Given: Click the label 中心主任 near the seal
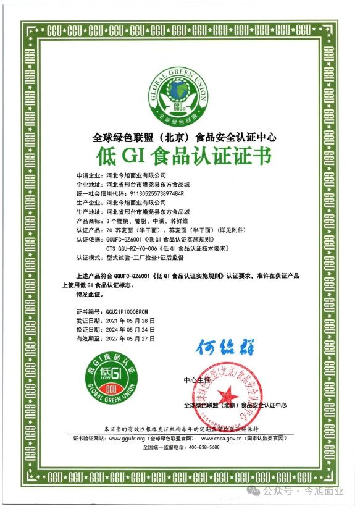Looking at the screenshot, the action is click(x=197, y=379).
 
